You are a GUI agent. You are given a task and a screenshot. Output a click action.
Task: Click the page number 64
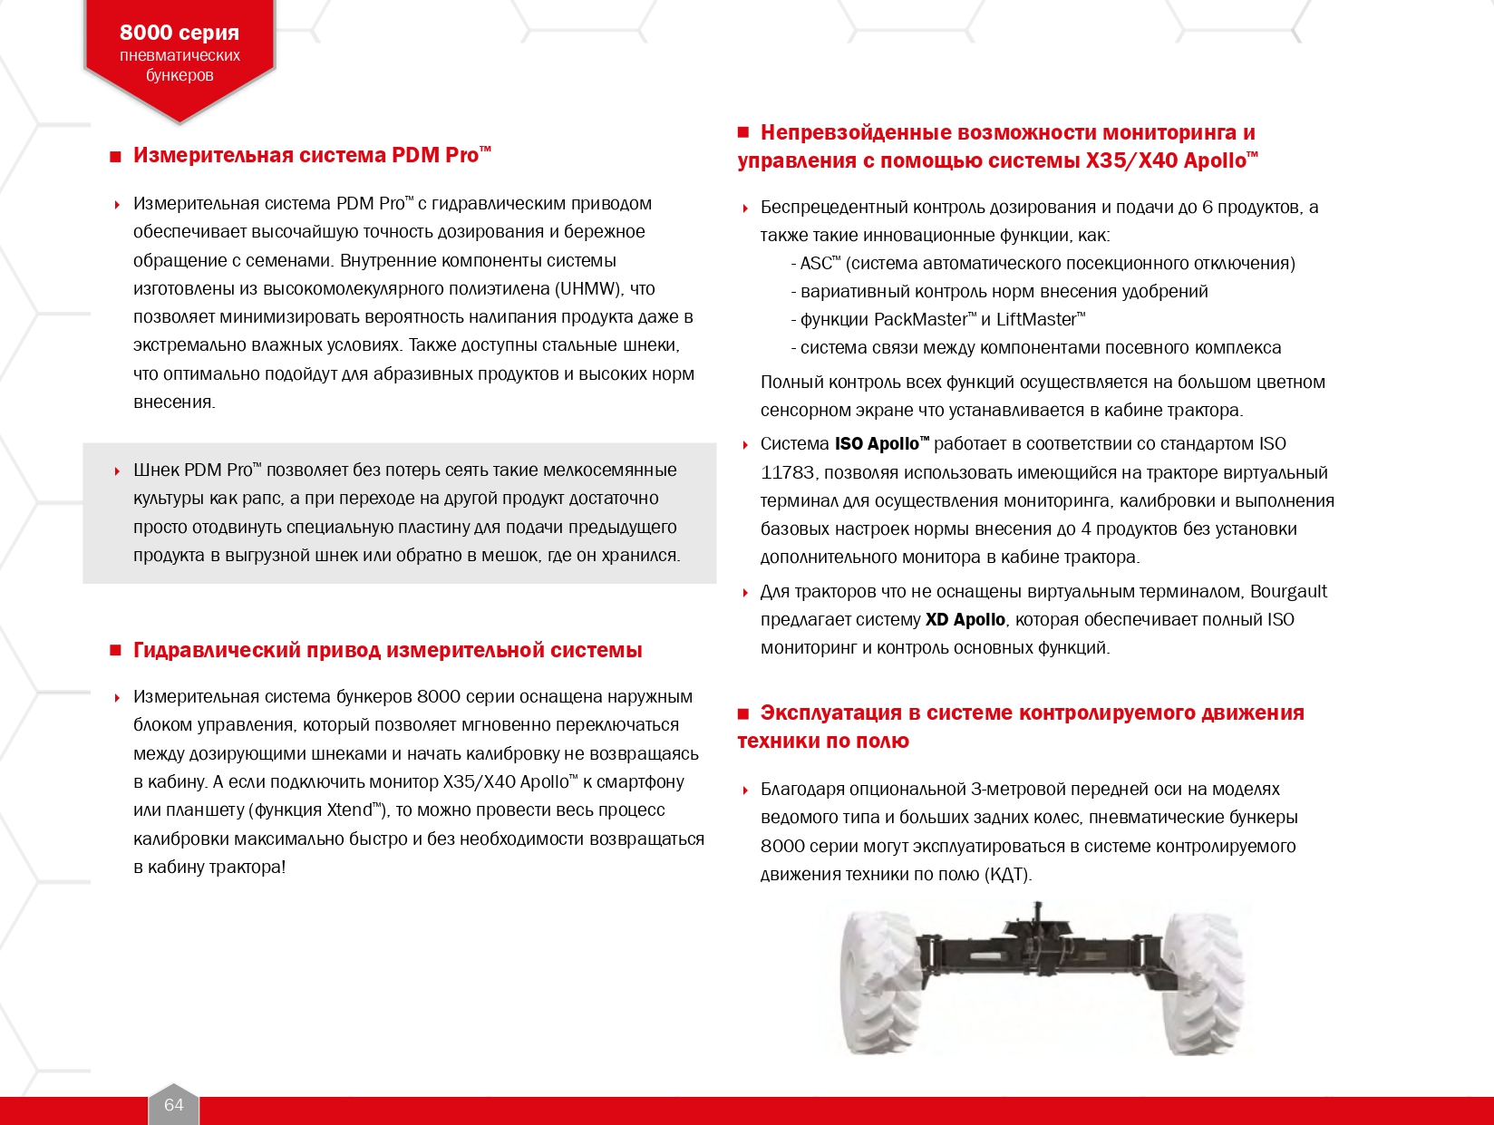pos(173,1104)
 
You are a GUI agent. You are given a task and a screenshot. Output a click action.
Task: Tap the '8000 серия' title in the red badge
pos(179,33)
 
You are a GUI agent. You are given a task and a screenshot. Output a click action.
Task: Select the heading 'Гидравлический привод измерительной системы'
pos(387,650)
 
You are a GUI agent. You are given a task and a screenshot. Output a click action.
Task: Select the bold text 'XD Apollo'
pos(965,620)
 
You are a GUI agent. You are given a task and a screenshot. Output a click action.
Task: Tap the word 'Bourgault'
pos(1288,592)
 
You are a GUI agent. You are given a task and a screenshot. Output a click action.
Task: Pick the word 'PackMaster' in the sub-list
pos(920,320)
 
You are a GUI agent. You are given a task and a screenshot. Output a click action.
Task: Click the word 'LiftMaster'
pos(1035,320)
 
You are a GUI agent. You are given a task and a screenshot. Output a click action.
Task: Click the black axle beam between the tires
pos(1043,952)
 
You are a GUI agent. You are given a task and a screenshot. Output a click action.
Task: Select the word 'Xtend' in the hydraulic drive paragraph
pos(349,810)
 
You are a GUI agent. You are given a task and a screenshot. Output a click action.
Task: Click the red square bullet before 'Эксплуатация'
pos(744,713)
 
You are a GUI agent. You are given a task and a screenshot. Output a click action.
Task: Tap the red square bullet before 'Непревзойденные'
pos(744,133)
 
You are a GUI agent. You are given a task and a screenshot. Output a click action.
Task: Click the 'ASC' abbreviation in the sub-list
pos(815,264)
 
